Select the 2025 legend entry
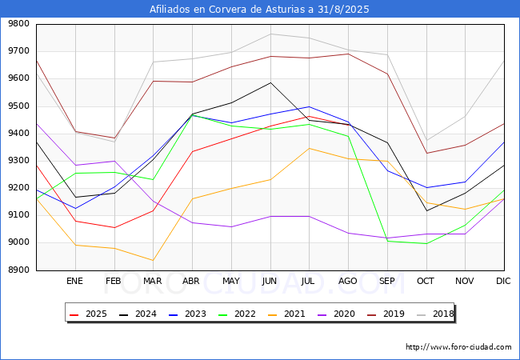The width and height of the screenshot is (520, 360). (88, 314)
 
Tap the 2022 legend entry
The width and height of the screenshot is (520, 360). (237, 314)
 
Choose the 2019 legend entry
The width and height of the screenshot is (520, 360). (386, 314)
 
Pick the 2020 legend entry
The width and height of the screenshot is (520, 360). (336, 314)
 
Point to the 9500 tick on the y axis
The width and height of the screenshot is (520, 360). (18, 106)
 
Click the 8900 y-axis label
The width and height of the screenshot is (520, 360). (18, 270)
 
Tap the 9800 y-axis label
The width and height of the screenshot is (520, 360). (18, 24)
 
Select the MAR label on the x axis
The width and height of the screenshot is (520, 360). (152, 281)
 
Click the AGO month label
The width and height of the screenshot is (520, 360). (347, 281)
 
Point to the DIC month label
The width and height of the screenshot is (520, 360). (503, 281)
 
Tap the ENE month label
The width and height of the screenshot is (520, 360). (74, 281)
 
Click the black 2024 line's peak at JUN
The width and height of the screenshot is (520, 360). (270, 82)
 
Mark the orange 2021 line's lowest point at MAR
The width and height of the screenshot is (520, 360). (154, 260)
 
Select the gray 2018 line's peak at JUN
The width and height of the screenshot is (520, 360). (270, 34)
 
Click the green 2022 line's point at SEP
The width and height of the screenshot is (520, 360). (388, 241)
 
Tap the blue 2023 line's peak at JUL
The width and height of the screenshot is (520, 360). (310, 106)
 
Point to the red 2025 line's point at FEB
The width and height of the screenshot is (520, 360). (114, 227)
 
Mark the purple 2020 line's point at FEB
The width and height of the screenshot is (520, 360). (114, 161)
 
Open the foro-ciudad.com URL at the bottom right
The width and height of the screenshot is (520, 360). (458, 346)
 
